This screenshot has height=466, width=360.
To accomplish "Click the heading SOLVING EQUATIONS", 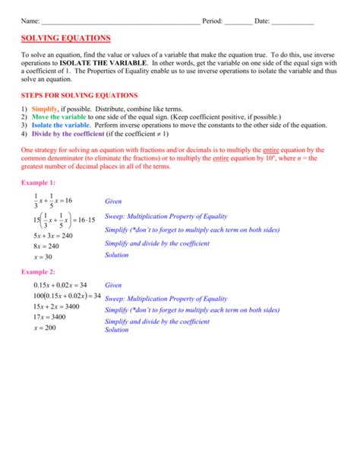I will (x=65, y=38).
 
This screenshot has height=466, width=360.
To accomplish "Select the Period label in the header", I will (x=213, y=21).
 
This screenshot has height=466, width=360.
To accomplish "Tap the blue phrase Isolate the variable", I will (x=61, y=125).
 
